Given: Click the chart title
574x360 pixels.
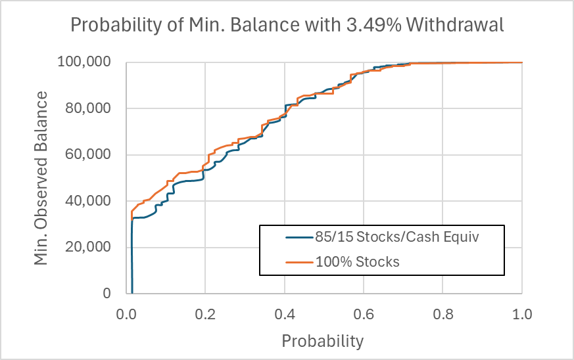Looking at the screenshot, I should [287, 26].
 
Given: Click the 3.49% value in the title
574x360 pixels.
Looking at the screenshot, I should [384, 26].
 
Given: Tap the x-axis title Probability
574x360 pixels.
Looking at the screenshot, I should [322, 341].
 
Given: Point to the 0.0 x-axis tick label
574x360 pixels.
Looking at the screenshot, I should [126, 313].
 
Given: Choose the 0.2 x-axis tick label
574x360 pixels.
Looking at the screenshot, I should [205, 313].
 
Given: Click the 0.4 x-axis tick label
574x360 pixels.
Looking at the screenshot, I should [285, 313].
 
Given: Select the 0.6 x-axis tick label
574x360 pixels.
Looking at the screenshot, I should [364, 313].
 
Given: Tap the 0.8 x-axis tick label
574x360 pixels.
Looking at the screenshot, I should [443, 313].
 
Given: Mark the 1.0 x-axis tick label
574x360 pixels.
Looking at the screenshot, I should [522, 313].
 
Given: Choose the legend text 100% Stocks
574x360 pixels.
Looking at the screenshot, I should [356, 261].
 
